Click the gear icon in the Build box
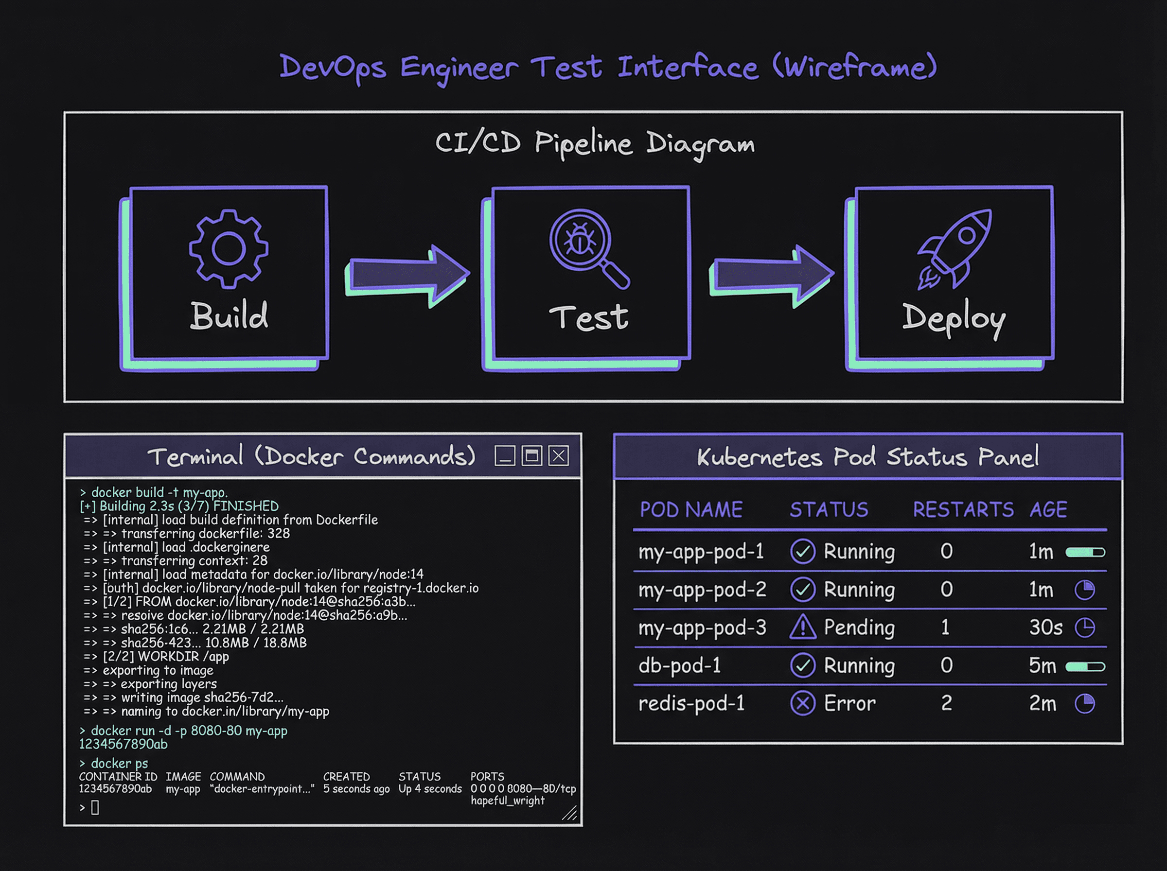tap(229, 248)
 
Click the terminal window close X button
tap(558, 455)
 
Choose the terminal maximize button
tap(531, 455)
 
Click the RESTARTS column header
tap(963, 509)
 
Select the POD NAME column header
tap(691, 509)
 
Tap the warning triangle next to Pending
tap(803, 627)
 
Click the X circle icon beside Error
tap(803, 703)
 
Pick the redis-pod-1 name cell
tap(691, 703)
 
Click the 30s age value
tap(1045, 627)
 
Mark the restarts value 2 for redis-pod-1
tap(947, 703)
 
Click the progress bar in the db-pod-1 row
tap(1085, 666)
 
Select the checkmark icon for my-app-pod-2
tap(803, 590)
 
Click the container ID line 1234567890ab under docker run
tap(124, 744)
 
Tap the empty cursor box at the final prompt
tap(95, 807)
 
